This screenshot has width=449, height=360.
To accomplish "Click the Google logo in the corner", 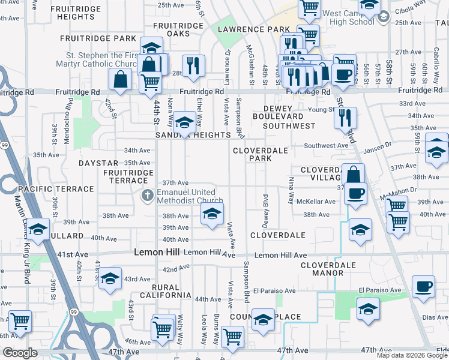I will tap(20, 353).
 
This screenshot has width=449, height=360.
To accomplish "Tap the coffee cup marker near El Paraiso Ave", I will tap(424, 286).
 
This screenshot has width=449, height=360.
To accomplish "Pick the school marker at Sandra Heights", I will tap(184, 123).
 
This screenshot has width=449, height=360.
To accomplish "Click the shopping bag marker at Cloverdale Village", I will tap(354, 175).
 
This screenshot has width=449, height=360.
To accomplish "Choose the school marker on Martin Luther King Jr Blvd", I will tap(38, 230).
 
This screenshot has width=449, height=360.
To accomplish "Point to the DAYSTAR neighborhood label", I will tap(98, 163).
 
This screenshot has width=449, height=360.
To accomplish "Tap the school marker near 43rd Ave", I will tap(110, 279).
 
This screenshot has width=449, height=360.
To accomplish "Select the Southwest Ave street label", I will tap(326, 145).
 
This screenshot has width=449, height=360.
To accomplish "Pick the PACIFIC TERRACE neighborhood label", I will tap(56, 188).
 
